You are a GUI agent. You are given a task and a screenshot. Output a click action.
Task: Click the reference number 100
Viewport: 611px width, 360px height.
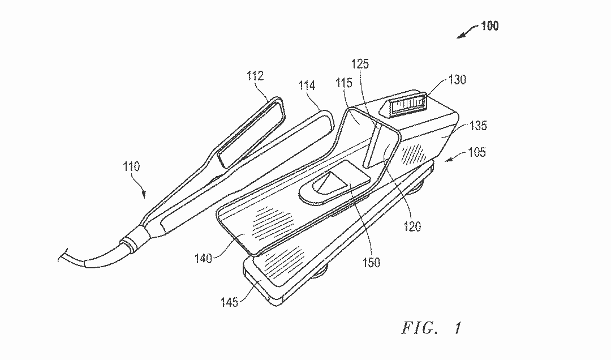pyautogui.click(x=490, y=25)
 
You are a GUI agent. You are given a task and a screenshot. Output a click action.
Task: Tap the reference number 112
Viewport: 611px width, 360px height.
pyautogui.click(x=255, y=76)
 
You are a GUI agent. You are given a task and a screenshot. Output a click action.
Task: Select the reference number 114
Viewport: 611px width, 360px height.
pyautogui.click(x=307, y=85)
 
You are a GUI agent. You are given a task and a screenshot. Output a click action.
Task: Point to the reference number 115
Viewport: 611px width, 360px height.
pyautogui.click(x=344, y=83)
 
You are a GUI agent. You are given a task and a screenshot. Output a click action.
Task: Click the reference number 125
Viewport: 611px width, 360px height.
pyautogui.click(x=360, y=63)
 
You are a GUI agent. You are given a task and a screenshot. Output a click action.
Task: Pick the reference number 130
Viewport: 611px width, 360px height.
pyautogui.click(x=457, y=80)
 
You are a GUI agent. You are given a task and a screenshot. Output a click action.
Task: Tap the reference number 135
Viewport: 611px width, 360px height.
pyautogui.click(x=478, y=126)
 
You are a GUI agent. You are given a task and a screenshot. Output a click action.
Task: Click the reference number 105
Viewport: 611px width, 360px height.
pyautogui.click(x=477, y=152)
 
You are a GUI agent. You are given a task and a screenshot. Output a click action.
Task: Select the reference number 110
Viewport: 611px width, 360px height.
pyautogui.click(x=131, y=166)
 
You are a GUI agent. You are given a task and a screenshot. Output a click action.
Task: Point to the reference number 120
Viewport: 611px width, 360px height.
pyautogui.click(x=412, y=226)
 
